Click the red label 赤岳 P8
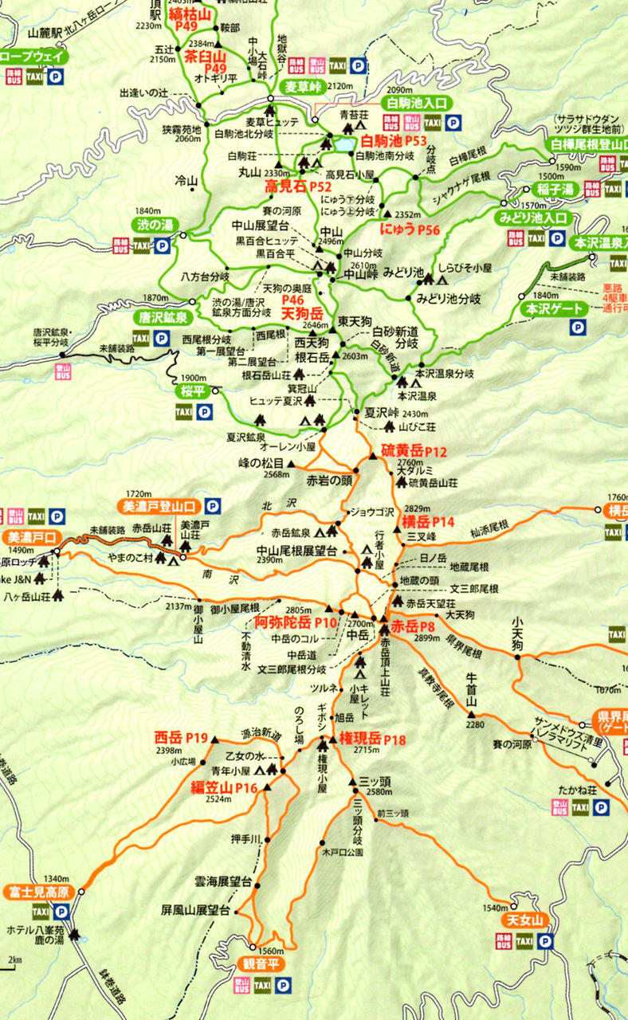pos(413,627)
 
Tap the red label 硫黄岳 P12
pos(414,451)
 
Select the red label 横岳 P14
pos(428,522)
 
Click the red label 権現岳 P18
pos(372,739)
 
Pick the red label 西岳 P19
pos(181,738)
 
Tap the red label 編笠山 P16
pos(223,788)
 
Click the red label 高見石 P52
pos(297,187)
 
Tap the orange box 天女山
pos(526,920)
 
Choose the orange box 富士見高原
pos(37,890)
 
